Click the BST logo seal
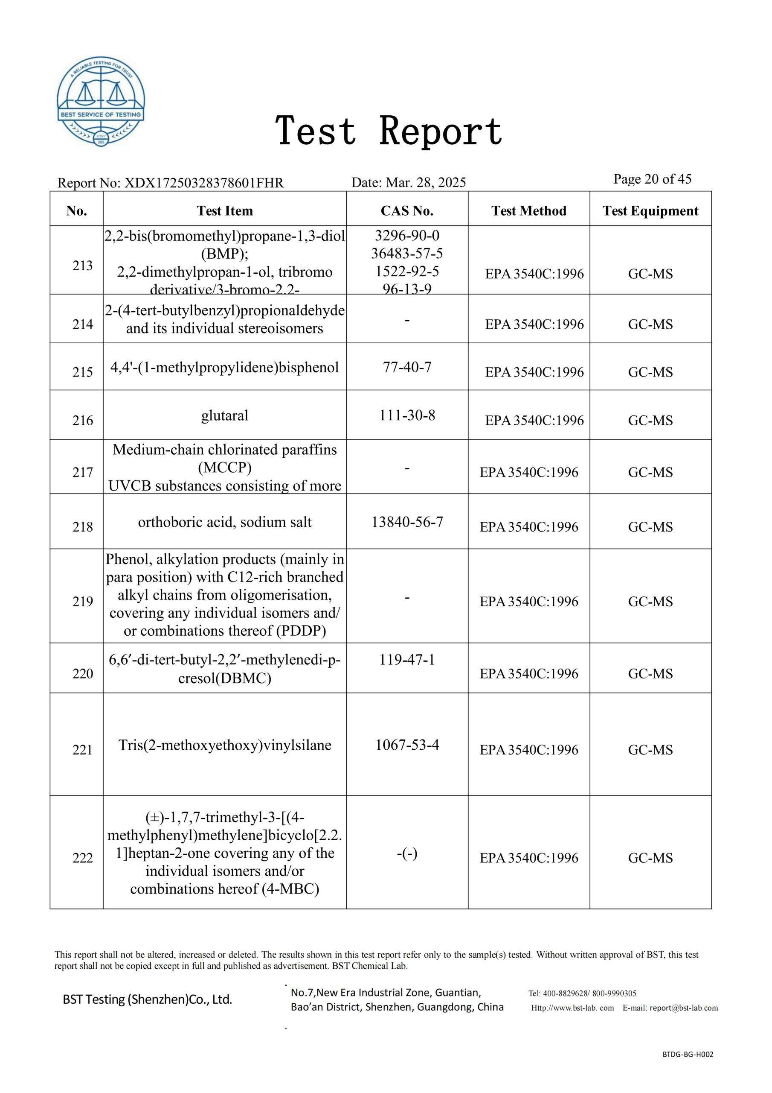[x=101, y=102]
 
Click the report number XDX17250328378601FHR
[x=203, y=183]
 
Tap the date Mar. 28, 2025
[x=426, y=182]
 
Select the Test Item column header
[x=224, y=211]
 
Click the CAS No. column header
[x=407, y=211]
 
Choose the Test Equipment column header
[x=650, y=211]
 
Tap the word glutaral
[x=224, y=415]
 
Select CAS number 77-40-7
[x=407, y=367]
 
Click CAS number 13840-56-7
[x=407, y=522]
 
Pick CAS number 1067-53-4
[x=407, y=745]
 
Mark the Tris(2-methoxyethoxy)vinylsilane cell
[x=224, y=745]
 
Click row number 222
[x=82, y=858]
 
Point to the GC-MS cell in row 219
[x=650, y=602]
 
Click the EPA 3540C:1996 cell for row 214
[x=534, y=324]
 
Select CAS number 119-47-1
[x=407, y=660]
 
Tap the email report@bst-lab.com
[x=684, y=1008]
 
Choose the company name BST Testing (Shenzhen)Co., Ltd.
[x=148, y=999]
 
